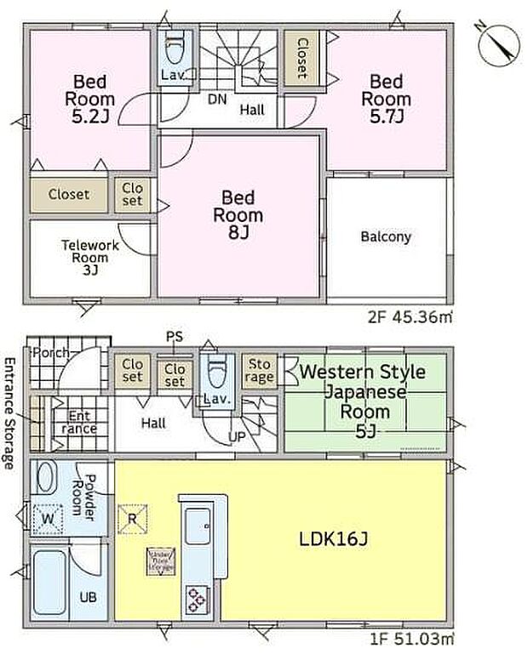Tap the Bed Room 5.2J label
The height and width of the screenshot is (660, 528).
[x=88, y=99]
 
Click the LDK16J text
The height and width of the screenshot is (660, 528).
[x=334, y=540]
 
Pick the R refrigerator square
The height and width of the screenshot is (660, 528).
[x=132, y=518]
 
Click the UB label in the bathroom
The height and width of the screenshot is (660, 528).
[x=88, y=597]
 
